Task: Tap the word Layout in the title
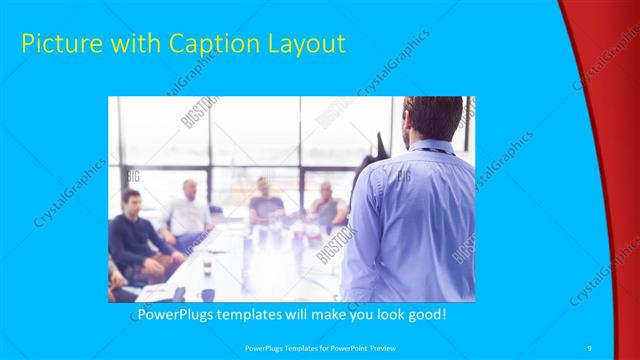[x=304, y=44]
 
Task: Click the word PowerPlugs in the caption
[x=173, y=314]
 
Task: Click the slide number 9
[x=590, y=346]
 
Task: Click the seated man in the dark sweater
[x=135, y=235]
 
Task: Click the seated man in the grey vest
[x=327, y=207]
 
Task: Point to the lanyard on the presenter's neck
[x=432, y=150]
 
